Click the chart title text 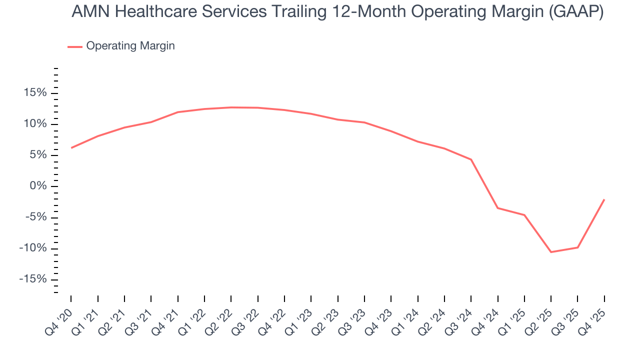[x=337, y=11]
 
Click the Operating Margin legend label [x=130, y=46]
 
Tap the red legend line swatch [x=75, y=46]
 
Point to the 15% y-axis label [x=34, y=93]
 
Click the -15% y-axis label [x=32, y=279]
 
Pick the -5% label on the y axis [x=35, y=217]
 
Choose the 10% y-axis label [x=34, y=124]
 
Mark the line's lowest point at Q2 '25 [x=551, y=252]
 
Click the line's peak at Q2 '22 [x=231, y=107]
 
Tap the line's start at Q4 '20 [x=71, y=148]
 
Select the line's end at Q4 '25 [x=604, y=199]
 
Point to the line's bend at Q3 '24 [x=471, y=159]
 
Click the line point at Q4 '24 [x=498, y=208]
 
